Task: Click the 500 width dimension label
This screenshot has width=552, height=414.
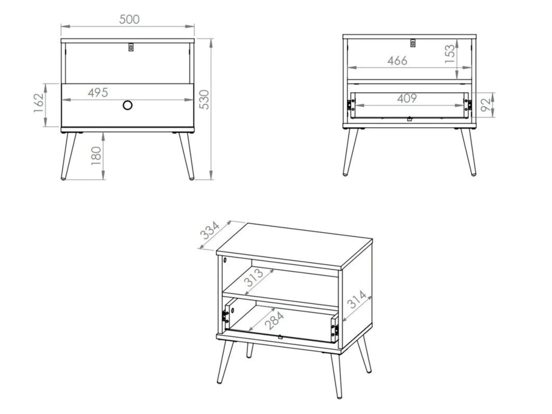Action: click(x=129, y=19)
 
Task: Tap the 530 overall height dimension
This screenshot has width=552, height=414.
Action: click(x=204, y=100)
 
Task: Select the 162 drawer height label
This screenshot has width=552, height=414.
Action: click(x=39, y=103)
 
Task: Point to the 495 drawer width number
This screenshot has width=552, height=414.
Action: click(x=98, y=93)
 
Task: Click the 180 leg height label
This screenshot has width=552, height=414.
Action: click(x=96, y=156)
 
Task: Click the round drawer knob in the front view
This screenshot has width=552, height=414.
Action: click(x=127, y=105)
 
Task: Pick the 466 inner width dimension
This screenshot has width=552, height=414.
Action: click(x=397, y=61)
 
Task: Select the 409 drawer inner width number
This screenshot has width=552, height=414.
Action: click(x=407, y=98)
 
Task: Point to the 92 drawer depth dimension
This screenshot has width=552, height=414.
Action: click(x=486, y=105)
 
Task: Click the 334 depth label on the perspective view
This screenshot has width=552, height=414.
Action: click(x=210, y=231)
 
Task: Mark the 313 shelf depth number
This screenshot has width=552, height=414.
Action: click(x=254, y=278)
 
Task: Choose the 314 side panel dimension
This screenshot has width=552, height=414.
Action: click(x=357, y=299)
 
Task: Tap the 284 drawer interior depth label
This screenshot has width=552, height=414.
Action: click(x=274, y=320)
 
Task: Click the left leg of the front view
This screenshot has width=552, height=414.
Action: click(x=68, y=156)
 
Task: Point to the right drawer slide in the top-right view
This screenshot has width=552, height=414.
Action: click(x=468, y=105)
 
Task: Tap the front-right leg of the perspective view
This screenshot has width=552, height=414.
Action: click(x=336, y=375)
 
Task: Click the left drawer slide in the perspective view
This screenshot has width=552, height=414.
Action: click(x=225, y=316)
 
